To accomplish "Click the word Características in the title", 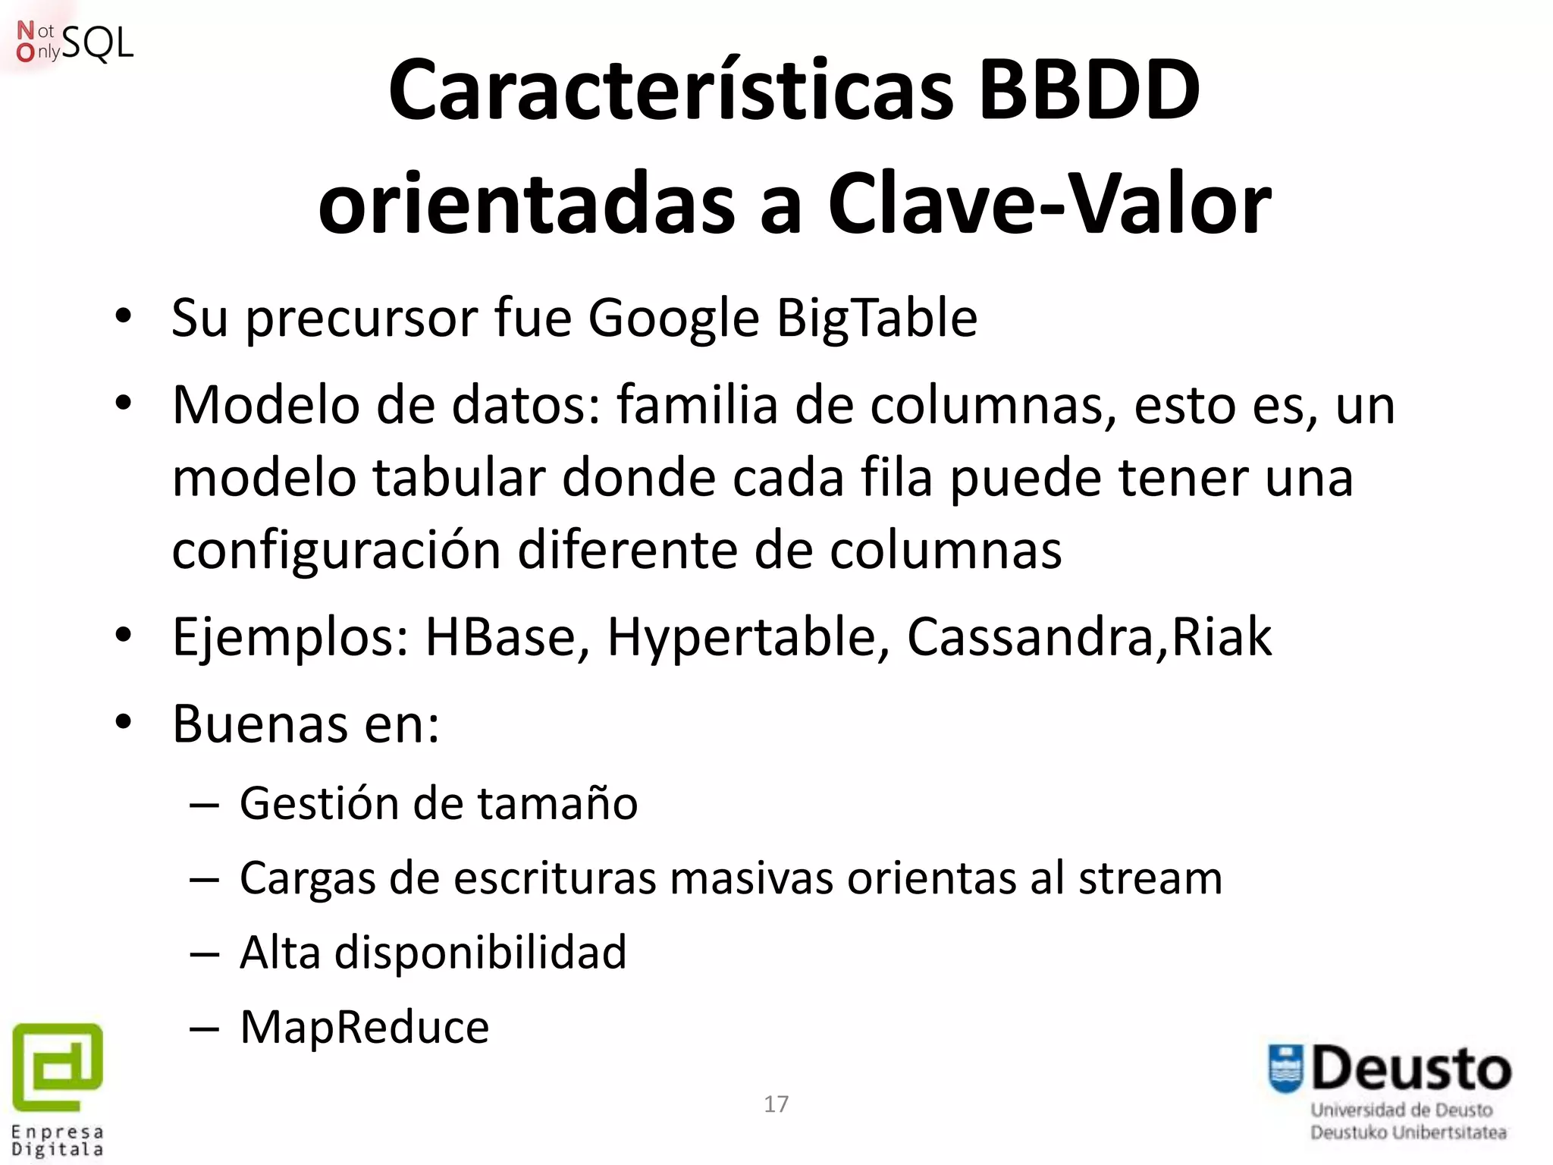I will pos(670,91).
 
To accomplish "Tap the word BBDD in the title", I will pos(1089,91).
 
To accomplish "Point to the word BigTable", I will pos(877,318).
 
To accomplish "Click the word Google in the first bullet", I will pos(673,318).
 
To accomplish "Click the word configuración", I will pos(336,550).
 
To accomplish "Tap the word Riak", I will pos(1222,636).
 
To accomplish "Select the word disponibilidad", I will pos(481,952).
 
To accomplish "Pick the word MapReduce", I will pos(364,1027).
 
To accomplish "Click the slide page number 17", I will pos(776,1104).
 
